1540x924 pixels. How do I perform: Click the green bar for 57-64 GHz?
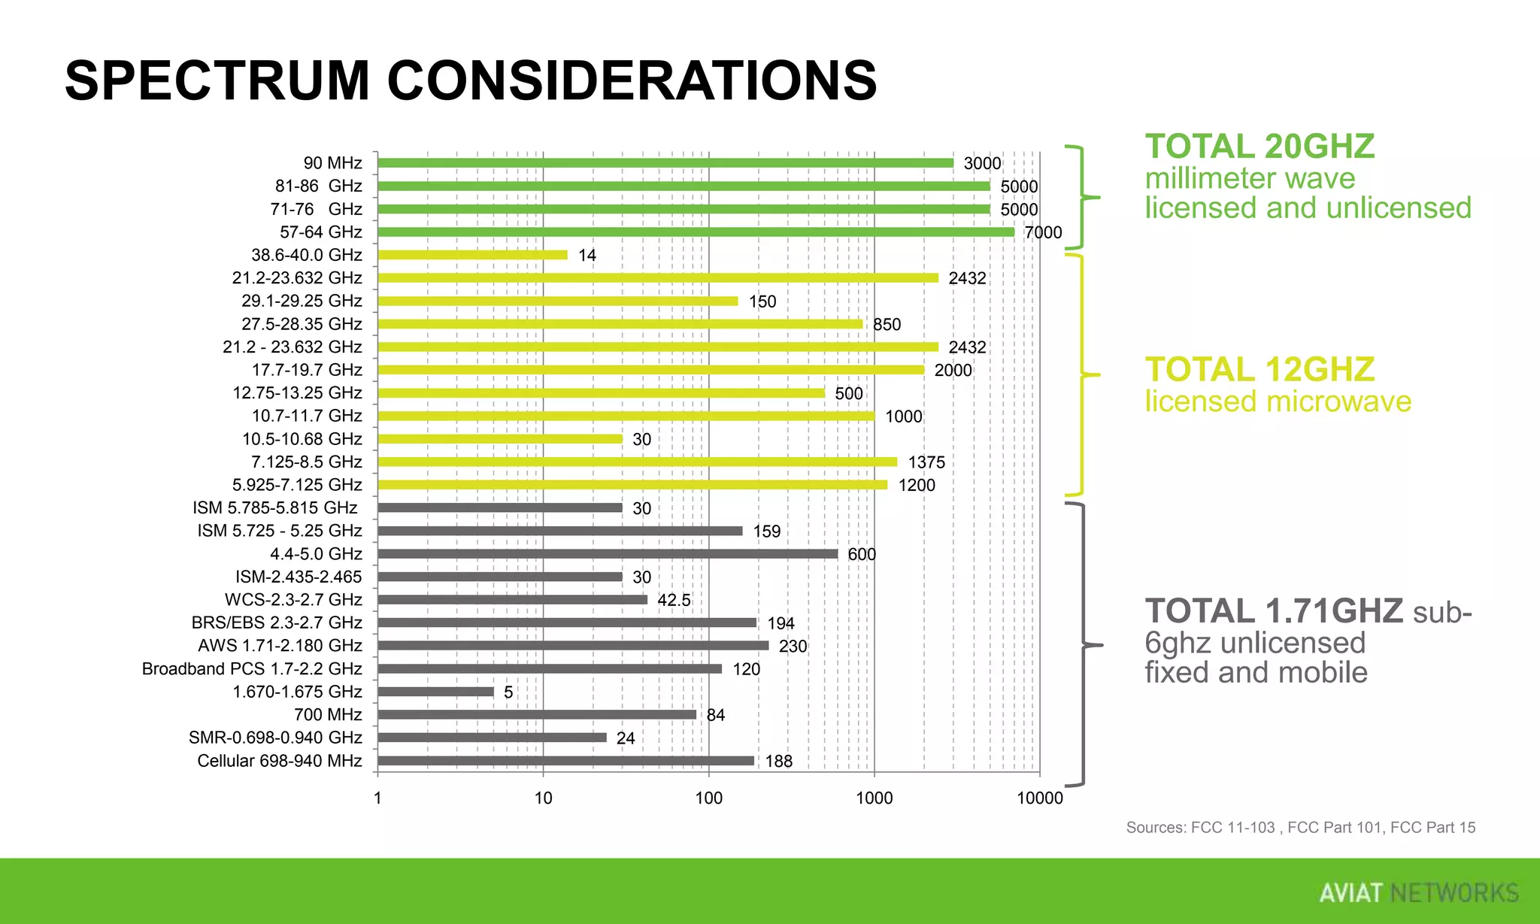click(x=696, y=232)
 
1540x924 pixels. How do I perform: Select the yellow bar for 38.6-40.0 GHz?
click(x=472, y=255)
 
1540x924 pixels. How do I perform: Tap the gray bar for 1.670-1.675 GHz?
click(x=435, y=692)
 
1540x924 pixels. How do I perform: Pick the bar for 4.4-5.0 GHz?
click(x=608, y=554)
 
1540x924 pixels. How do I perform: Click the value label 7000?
click(x=1043, y=233)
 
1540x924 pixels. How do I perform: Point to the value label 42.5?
click(x=674, y=601)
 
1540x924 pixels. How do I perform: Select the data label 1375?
click(x=926, y=462)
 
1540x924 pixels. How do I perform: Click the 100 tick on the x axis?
click(x=708, y=798)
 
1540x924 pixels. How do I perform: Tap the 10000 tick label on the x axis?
click(x=1039, y=798)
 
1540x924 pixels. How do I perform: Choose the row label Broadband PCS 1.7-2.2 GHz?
click(x=252, y=669)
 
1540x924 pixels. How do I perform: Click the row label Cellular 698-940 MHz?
click(x=279, y=761)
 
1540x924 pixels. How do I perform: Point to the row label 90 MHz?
click(x=332, y=163)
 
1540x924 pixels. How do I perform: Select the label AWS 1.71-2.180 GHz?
click(x=280, y=646)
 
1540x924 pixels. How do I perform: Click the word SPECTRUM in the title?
click(x=217, y=80)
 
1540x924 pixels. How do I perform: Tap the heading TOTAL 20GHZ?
click(x=1260, y=147)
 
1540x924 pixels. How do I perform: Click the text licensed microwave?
click(x=1278, y=401)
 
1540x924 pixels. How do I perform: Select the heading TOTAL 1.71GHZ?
click(x=1273, y=610)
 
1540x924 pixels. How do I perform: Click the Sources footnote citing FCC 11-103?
click(x=1300, y=828)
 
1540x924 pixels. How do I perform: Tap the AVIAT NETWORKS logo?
click(x=1418, y=892)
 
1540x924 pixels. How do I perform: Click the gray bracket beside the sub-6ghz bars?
click(x=1082, y=645)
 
